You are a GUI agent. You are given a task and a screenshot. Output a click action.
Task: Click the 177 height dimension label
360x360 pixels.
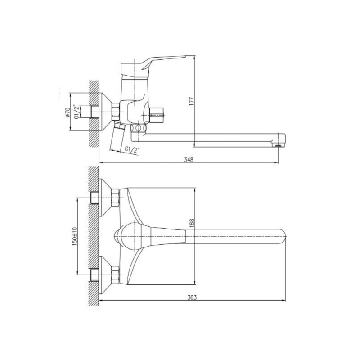192,101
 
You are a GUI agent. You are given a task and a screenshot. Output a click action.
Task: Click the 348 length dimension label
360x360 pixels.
189,159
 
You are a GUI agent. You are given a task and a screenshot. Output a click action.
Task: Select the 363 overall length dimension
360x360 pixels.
192,297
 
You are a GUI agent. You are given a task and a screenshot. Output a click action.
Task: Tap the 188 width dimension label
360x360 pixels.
192,223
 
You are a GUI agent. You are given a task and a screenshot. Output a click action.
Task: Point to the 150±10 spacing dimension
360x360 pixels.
74,237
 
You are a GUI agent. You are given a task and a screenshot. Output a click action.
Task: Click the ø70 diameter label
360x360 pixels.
67,112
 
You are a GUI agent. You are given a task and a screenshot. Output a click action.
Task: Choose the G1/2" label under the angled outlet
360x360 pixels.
132,149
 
